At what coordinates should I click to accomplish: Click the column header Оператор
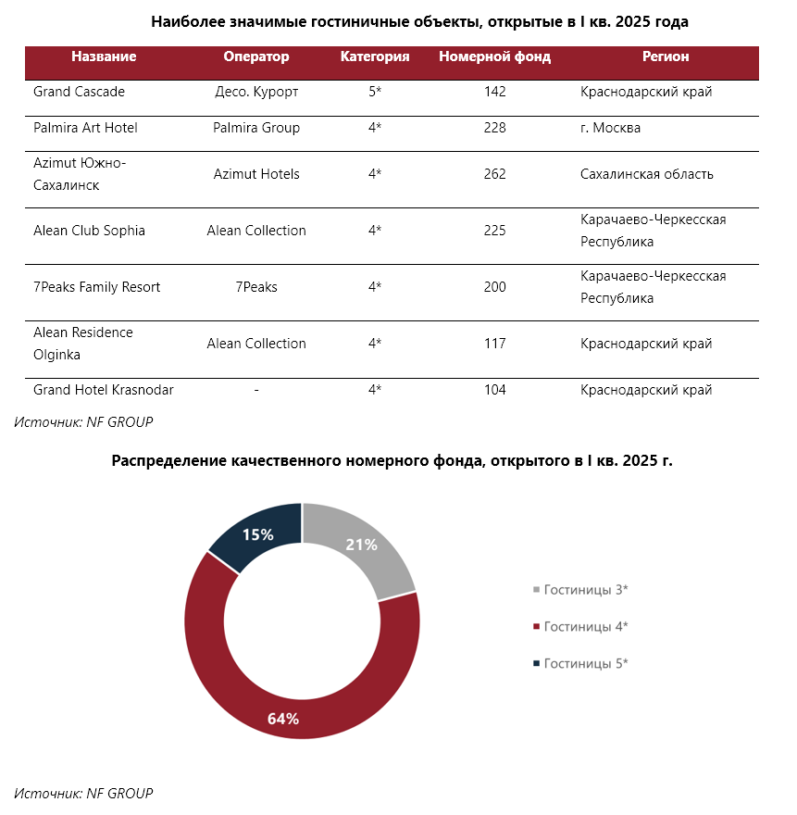point(256,56)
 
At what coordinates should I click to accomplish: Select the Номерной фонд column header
point(494,56)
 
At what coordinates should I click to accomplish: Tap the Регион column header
point(666,56)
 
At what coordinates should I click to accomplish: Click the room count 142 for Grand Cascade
point(494,92)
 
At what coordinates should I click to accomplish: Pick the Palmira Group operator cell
point(256,128)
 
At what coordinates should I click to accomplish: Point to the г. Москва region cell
point(611,128)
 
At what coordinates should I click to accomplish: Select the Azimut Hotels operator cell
point(256,174)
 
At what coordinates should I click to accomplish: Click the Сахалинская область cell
point(647,174)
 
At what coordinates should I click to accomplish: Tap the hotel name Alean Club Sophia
point(89,231)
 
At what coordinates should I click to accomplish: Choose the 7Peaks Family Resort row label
point(96,287)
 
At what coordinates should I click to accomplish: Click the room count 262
point(494,174)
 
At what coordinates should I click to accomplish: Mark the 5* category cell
point(375,92)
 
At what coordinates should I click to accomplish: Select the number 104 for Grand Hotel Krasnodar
point(494,390)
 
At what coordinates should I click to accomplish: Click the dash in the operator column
point(256,390)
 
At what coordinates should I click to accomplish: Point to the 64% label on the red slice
point(283,719)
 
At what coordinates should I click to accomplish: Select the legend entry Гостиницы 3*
point(581,590)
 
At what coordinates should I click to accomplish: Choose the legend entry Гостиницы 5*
point(581,664)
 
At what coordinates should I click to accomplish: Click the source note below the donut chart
point(83,793)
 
